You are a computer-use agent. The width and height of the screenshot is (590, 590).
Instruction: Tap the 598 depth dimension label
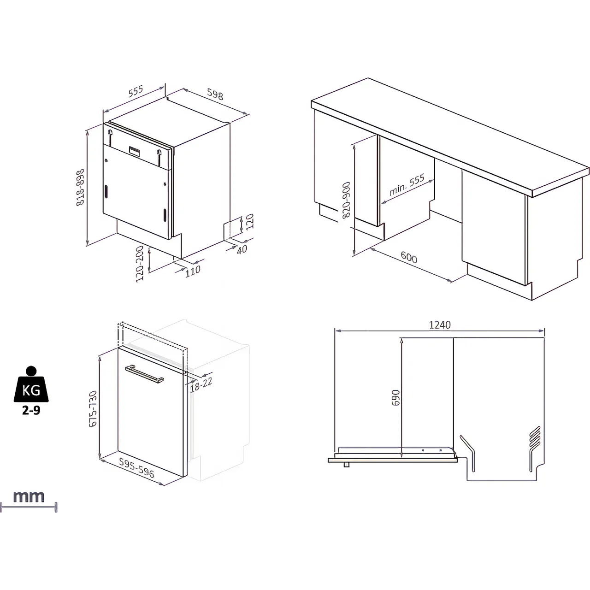coord(215,94)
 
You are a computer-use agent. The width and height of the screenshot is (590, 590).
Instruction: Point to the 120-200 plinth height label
coord(140,264)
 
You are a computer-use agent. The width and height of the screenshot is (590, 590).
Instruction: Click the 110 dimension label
coord(193,270)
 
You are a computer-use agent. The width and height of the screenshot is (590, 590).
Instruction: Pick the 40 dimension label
coord(242,249)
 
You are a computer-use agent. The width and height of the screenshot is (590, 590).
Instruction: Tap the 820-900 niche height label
coord(346,200)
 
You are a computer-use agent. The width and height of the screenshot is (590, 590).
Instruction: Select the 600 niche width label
coord(409,257)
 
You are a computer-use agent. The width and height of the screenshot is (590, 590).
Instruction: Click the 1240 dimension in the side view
coord(440,325)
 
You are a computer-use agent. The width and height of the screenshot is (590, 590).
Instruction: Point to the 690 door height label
coord(395,398)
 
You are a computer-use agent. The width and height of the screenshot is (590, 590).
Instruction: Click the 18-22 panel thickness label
coord(201,383)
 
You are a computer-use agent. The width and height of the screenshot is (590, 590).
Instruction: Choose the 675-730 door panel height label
coord(93,409)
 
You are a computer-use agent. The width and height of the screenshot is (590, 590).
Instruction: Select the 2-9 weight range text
coord(31,410)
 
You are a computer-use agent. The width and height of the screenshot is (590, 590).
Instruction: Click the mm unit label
coord(29,497)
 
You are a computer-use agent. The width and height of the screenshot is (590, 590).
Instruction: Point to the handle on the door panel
coord(144,373)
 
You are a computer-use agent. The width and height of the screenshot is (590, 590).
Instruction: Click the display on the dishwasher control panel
coord(135,150)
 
